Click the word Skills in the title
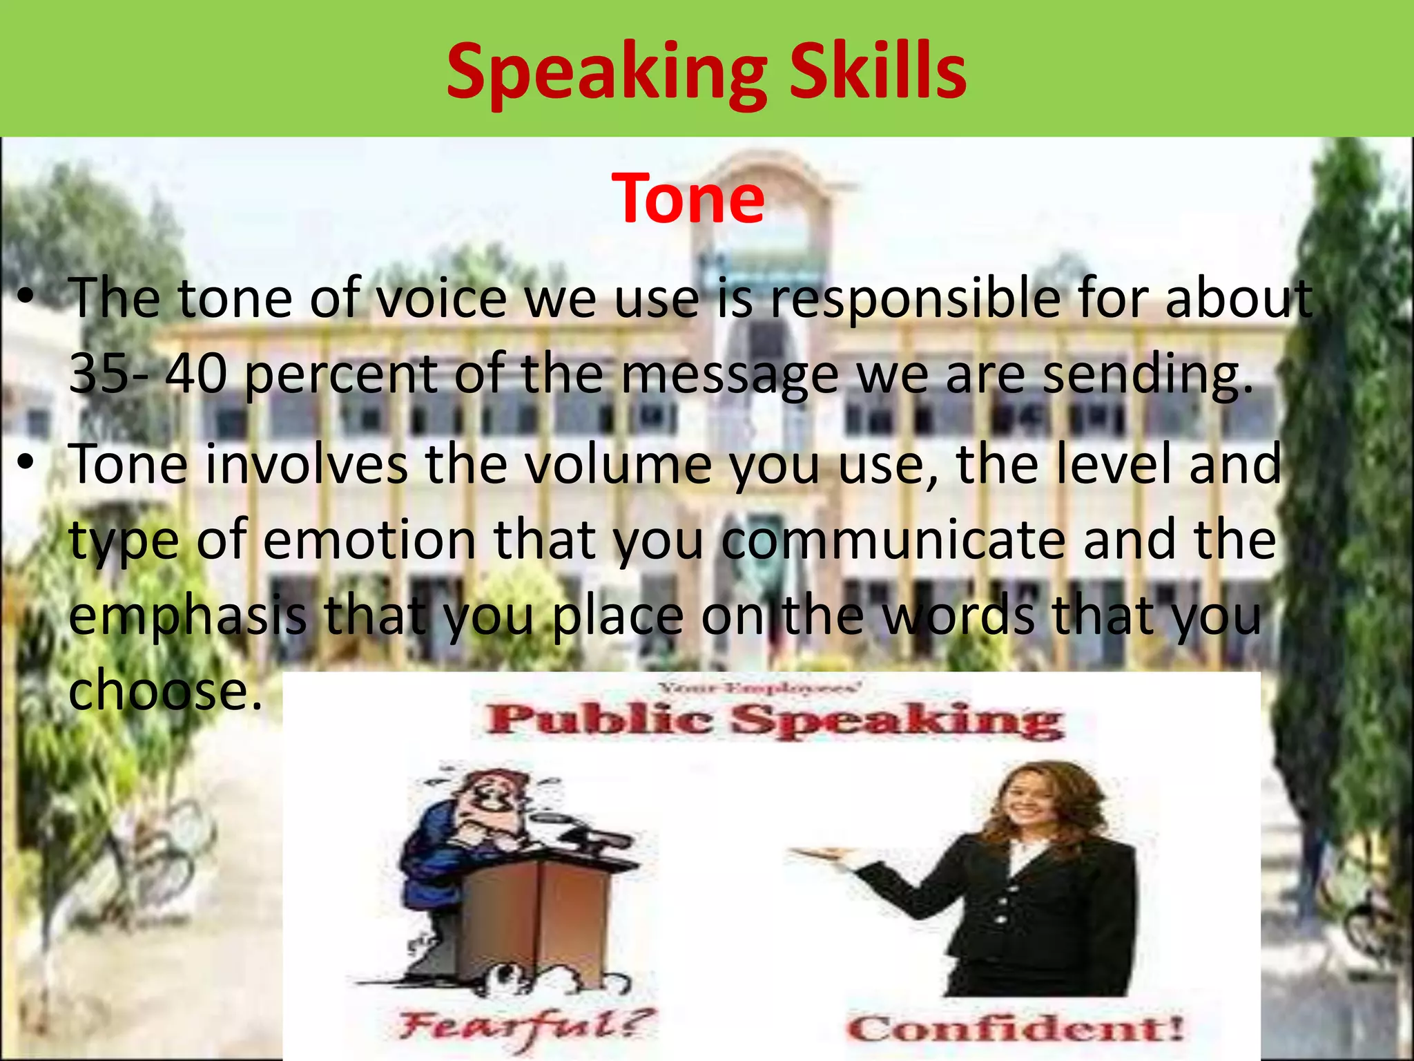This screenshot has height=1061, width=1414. click(878, 71)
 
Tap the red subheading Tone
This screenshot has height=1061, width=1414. click(688, 198)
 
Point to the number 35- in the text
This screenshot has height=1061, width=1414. click(108, 374)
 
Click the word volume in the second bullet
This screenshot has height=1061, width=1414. click(617, 465)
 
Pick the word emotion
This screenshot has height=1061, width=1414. click(369, 539)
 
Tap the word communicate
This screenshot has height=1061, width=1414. click(893, 539)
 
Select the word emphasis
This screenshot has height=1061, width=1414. click(188, 616)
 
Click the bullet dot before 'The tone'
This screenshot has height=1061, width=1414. click(26, 299)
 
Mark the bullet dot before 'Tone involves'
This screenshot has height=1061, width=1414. click(26, 465)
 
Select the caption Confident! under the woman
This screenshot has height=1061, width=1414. click(1014, 1029)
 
